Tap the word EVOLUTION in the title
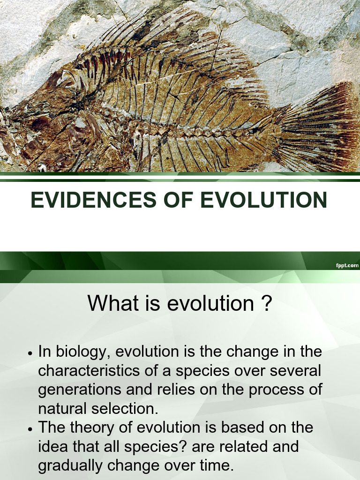pos(264,200)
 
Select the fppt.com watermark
pos(347,265)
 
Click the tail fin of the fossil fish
pos(323,127)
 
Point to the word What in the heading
pos(113,303)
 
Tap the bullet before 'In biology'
pos(30,353)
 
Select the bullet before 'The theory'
pos(30,428)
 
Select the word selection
pos(127,408)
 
